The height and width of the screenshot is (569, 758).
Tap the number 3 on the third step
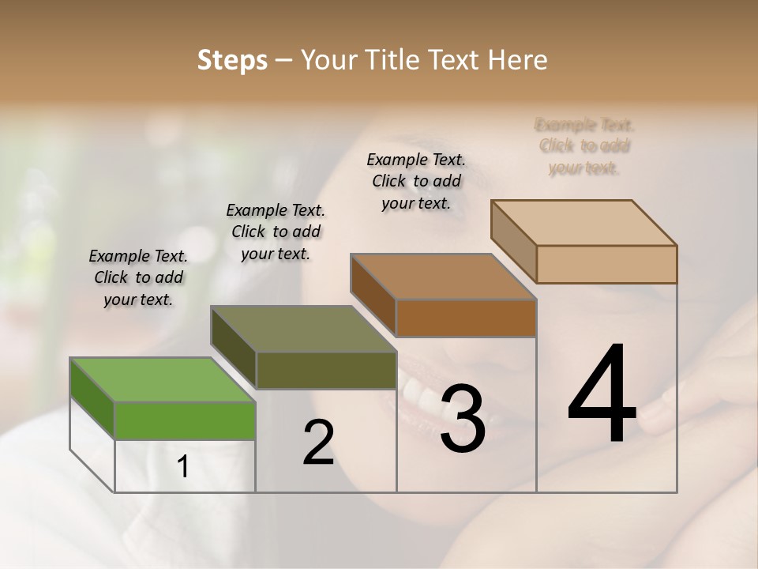click(x=463, y=419)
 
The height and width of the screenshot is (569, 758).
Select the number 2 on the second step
click(x=318, y=443)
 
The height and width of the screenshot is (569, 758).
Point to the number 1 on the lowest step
click(x=182, y=467)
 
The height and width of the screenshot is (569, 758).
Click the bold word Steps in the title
click(x=232, y=60)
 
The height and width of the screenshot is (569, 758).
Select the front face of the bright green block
click(x=185, y=420)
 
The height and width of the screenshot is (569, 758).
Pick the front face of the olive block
click(x=326, y=370)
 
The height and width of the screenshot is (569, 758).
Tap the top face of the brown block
click(x=443, y=277)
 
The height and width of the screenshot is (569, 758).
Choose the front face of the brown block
click(x=466, y=318)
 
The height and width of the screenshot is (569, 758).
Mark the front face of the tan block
click(x=606, y=264)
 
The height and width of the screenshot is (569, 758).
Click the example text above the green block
click(x=138, y=277)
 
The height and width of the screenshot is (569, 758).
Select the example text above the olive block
click(x=276, y=232)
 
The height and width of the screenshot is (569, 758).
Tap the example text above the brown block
click(x=416, y=181)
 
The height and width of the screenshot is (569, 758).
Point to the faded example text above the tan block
click(x=584, y=146)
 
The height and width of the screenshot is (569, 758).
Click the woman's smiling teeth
click(x=418, y=391)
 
